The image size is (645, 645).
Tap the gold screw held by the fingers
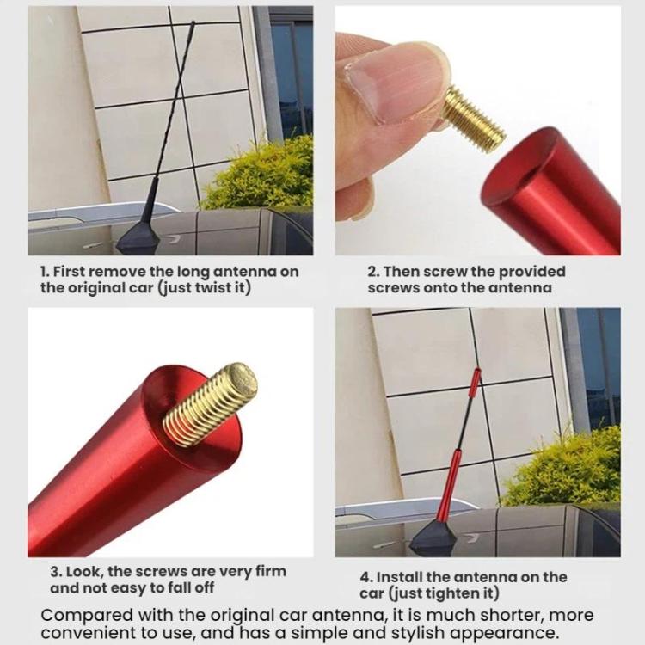pos(474,120)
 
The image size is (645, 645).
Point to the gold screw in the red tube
pos(211,404)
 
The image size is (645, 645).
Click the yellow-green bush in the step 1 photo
pos(259,175)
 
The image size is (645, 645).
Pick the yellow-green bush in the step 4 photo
pos(563,469)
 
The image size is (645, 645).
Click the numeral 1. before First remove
pos(45,272)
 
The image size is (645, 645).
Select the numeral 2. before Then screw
pos(373,272)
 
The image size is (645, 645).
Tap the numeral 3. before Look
pos(57,572)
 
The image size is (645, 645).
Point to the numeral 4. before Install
pos(366,577)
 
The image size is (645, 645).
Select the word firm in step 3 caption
pos(271,572)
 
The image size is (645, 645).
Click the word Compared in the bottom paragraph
pos(86,617)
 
